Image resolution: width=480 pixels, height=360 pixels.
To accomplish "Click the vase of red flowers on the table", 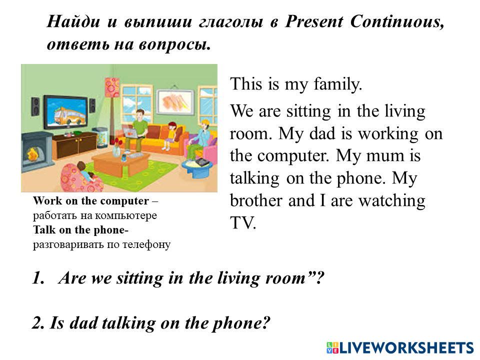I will (116, 148).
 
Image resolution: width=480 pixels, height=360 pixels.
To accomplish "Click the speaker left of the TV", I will (35, 106).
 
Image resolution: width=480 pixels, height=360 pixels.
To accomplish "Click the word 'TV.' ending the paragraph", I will (243, 223).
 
